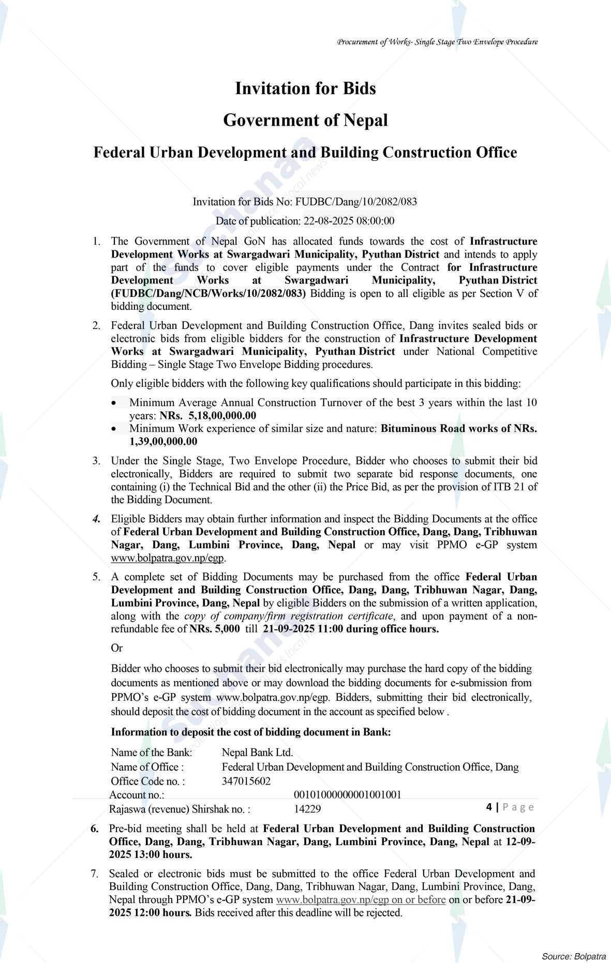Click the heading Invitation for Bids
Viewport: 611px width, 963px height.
[x=305, y=88]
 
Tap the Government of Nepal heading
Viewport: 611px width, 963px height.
[x=305, y=121]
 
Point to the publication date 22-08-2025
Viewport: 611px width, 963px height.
[x=327, y=221]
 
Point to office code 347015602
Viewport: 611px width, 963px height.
[x=246, y=780]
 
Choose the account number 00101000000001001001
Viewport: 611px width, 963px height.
[x=347, y=794]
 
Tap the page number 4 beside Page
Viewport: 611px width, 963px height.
[x=489, y=807]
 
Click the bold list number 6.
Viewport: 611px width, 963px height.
[x=95, y=829]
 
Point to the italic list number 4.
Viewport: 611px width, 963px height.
[x=96, y=519]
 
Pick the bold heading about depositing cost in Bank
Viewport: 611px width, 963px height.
[x=251, y=732]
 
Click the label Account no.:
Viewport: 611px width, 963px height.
[x=137, y=794]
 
